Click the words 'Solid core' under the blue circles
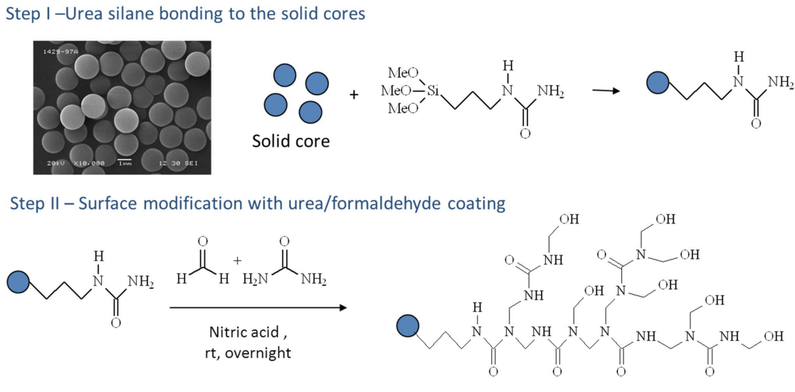[x=290, y=141]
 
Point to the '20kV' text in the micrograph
[x=56, y=164]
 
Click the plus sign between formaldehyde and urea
[x=237, y=260]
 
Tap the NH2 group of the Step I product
[x=781, y=83]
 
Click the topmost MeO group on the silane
[x=403, y=71]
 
